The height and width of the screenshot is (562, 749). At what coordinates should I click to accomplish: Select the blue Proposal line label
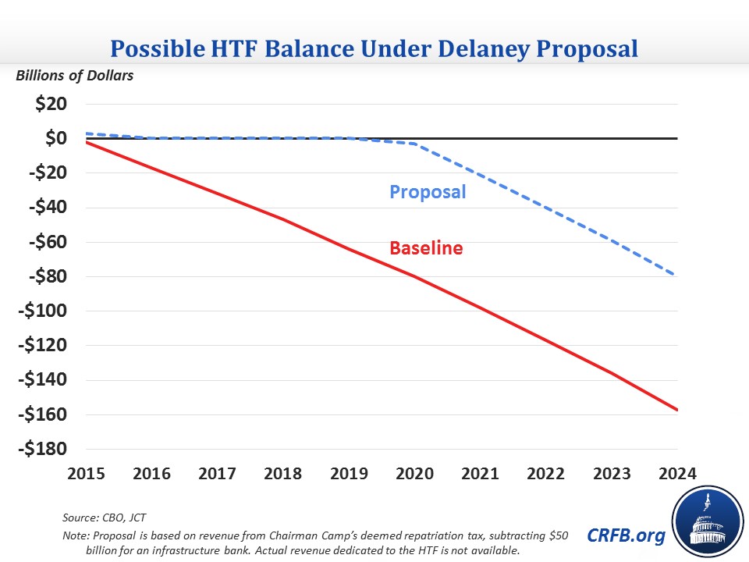(x=428, y=191)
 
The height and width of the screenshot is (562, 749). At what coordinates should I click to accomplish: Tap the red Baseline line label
(x=426, y=248)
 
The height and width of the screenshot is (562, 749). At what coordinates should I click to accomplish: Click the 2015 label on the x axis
(x=88, y=473)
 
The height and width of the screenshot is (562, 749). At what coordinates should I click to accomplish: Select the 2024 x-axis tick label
(x=676, y=473)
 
